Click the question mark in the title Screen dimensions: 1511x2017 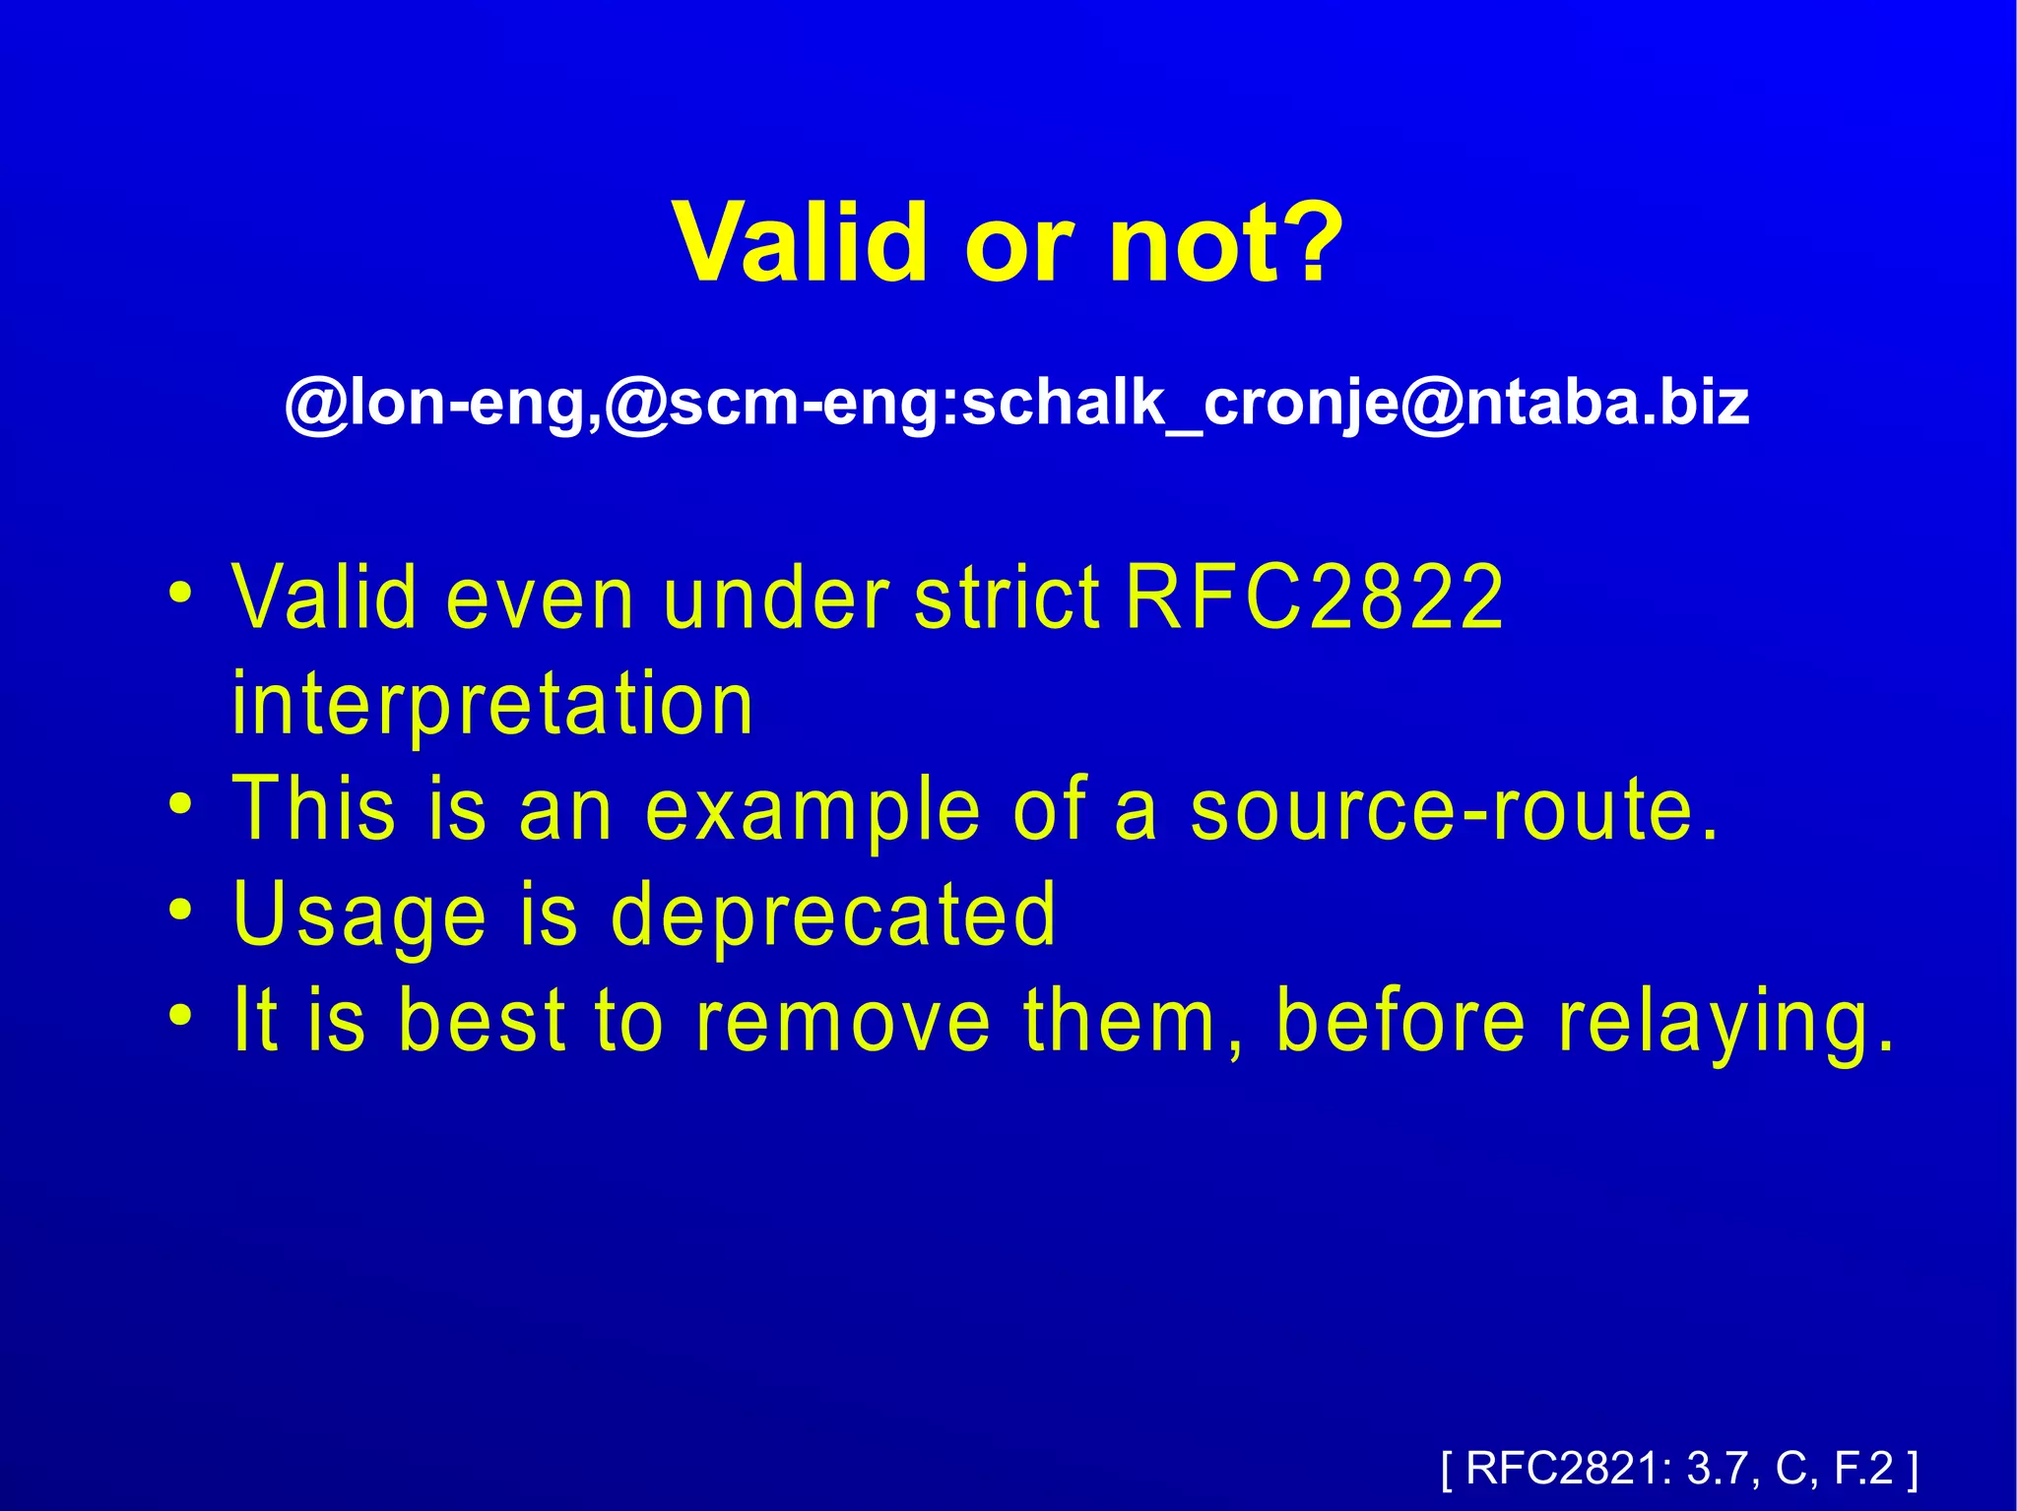1306,242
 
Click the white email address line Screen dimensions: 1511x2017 1016,404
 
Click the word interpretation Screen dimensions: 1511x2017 492,705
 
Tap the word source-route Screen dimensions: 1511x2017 1454,809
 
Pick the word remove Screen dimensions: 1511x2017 843,1021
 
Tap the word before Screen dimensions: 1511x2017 1399,1021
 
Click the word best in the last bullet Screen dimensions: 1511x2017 483,1021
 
